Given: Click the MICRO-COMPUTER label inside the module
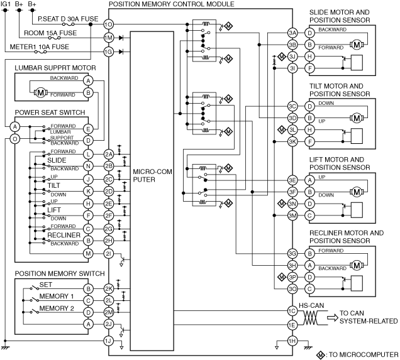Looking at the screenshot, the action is [x=152, y=175].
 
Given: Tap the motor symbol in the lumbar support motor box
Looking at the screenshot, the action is [x=40, y=92].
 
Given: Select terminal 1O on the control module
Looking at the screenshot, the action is [x=108, y=25].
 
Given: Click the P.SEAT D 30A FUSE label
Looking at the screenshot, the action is [x=68, y=19].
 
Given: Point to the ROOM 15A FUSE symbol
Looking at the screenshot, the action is [x=54, y=38].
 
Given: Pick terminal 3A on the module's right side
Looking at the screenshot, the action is [x=292, y=33].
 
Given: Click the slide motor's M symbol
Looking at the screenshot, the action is [x=357, y=45].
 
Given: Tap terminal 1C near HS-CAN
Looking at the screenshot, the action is [x=292, y=311].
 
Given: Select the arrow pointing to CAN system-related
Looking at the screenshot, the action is [x=333, y=317].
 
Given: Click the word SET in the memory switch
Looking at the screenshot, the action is [x=46, y=285].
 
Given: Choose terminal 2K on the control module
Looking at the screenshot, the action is [x=108, y=288].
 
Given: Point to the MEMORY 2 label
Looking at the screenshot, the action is [x=57, y=308].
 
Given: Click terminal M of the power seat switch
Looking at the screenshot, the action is [x=88, y=253].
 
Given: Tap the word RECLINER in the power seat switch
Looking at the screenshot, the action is [x=64, y=235].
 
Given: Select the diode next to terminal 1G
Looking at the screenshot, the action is [x=121, y=52].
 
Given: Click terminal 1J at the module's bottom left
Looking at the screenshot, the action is [x=108, y=341].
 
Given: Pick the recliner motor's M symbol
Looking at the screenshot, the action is [x=357, y=266].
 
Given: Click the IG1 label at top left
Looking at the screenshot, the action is [x=6, y=4].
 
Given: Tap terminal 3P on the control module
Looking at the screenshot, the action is [x=292, y=277].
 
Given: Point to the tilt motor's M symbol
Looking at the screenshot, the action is [x=357, y=118].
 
